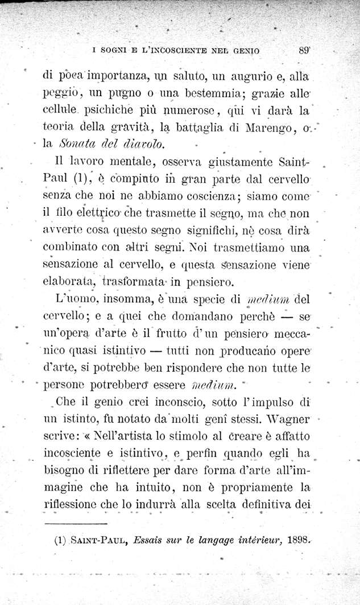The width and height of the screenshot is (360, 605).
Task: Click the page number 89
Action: point(303,50)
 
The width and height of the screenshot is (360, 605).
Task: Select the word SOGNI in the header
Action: point(114,51)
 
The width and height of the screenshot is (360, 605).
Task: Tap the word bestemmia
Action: point(218,93)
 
